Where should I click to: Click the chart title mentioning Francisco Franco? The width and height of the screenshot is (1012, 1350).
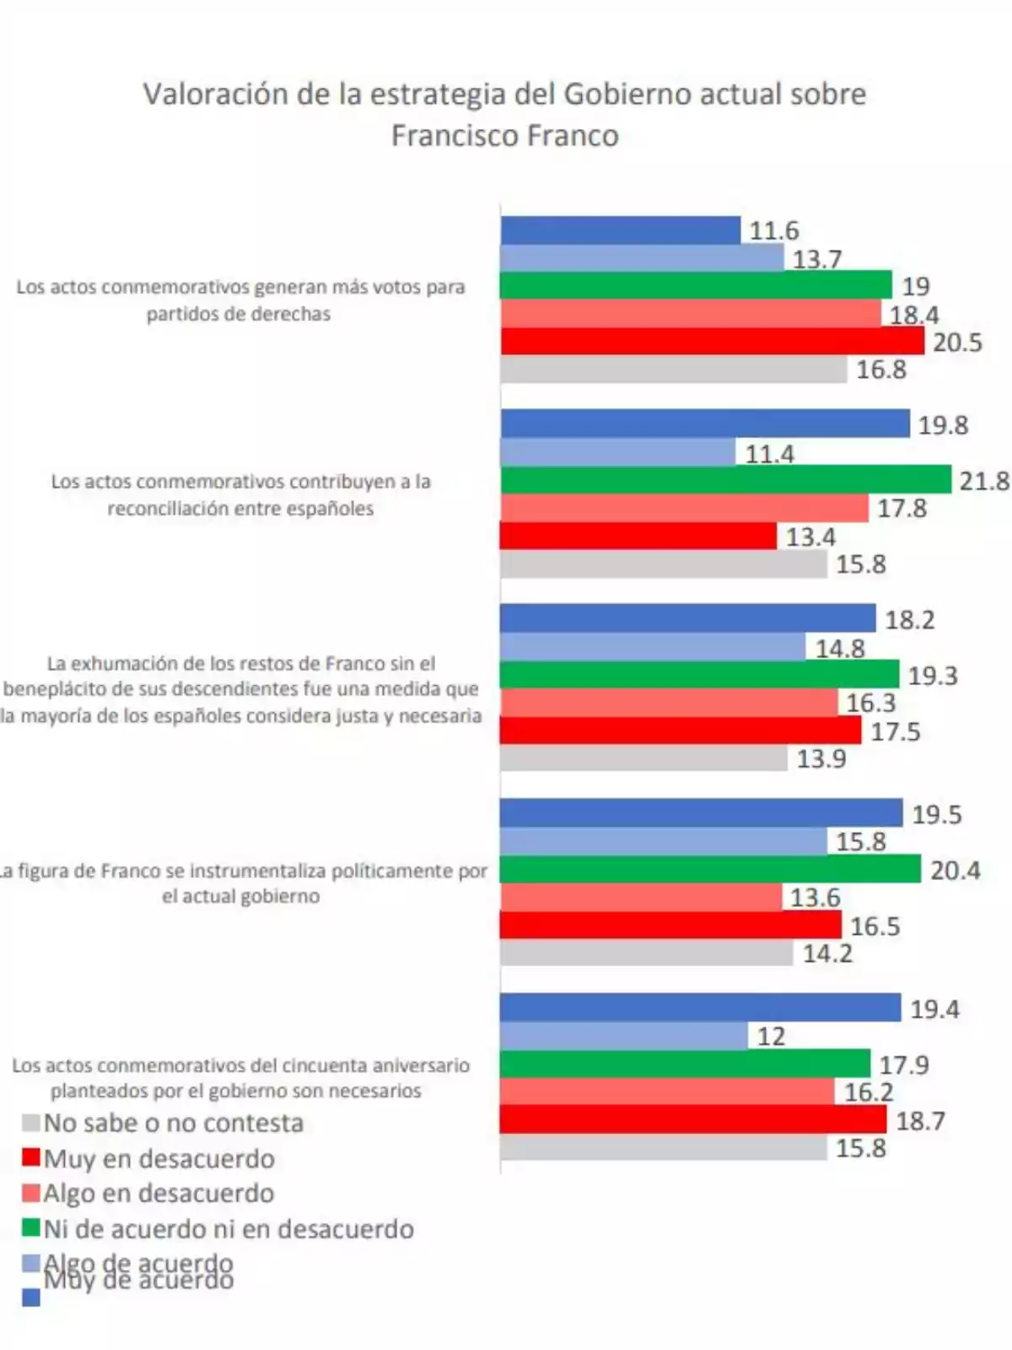point(504,114)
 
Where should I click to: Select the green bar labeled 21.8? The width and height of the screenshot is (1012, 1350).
point(725,480)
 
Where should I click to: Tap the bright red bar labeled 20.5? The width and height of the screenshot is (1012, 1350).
point(712,341)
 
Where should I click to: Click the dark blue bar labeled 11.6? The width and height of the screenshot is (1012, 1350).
point(620,230)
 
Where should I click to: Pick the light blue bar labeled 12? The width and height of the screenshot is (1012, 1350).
point(623,1035)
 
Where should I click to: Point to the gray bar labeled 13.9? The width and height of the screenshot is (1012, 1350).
point(643,758)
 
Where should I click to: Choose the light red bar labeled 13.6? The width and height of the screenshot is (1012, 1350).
point(641,897)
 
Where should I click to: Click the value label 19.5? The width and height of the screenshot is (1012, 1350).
point(936,814)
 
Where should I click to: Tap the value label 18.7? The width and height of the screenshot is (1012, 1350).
point(920,1120)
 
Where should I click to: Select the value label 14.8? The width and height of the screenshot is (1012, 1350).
point(840,648)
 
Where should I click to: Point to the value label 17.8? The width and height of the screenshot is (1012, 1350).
point(902,508)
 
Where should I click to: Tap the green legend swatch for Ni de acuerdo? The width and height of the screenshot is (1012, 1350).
point(30,1228)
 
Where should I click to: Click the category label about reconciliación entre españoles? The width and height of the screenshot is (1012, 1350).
point(240,494)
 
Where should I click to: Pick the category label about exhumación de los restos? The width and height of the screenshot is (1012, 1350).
point(240,689)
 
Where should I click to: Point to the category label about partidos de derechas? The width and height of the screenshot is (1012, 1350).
point(240,300)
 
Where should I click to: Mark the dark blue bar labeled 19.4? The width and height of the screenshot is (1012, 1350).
point(700,1007)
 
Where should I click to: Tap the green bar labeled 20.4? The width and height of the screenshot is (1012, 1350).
point(710,869)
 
